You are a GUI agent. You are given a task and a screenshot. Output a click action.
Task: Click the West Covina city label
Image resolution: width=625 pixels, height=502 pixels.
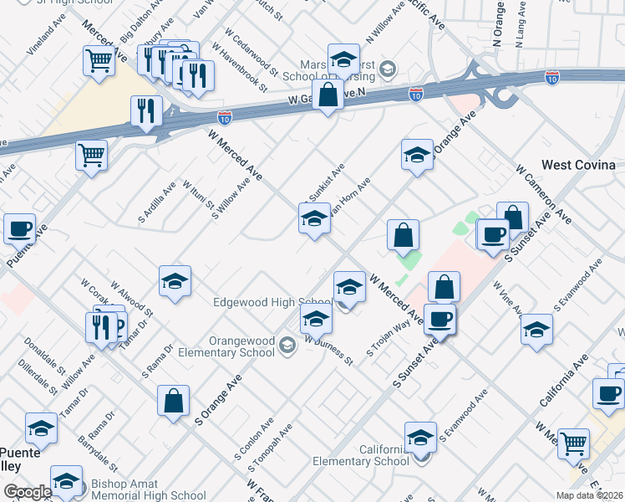pyautogui.click(x=578, y=165)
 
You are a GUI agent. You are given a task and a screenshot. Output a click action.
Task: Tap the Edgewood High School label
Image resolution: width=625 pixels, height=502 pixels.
pyautogui.click(x=272, y=303)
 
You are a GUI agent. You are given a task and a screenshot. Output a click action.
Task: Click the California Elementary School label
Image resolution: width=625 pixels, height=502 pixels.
pyautogui.click(x=361, y=455)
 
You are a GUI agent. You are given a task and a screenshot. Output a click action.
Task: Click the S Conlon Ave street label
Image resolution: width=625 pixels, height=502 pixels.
pyautogui.click(x=251, y=448)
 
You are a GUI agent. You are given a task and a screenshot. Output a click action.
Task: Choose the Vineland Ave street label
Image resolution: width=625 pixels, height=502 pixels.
pyautogui.click(x=46, y=34)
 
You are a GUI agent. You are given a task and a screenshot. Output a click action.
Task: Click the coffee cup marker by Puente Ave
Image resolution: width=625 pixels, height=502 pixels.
pyautogui.click(x=19, y=228)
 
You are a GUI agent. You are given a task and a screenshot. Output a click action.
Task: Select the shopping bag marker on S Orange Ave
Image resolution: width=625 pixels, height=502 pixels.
pyautogui.click(x=173, y=400)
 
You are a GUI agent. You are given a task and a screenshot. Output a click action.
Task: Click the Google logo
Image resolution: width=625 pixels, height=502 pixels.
pyautogui.click(x=28, y=493)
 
